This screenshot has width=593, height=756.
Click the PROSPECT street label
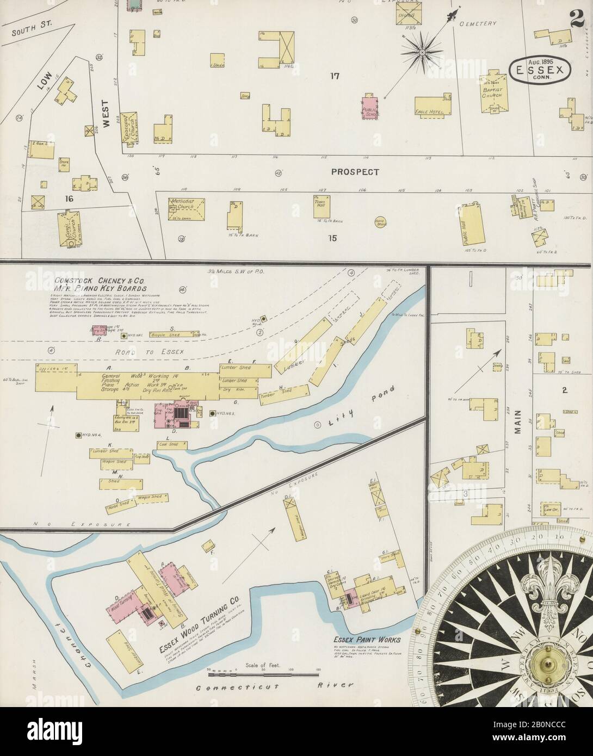355,172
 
